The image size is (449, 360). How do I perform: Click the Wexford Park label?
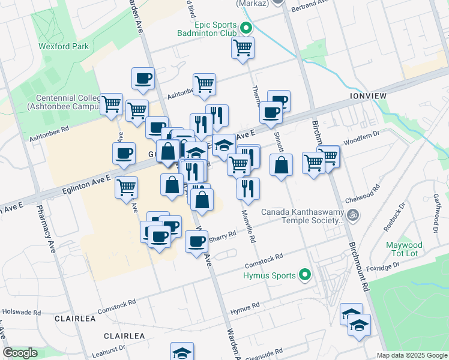coord(64,46)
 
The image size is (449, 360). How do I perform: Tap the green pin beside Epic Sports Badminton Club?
coord(246,28)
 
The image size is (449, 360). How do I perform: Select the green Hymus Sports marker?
coord(306,275)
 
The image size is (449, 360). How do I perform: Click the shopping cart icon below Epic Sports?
coord(243,47)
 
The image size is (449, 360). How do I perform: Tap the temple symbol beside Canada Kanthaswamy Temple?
coord(354,213)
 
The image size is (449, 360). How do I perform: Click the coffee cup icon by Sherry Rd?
coord(196,241)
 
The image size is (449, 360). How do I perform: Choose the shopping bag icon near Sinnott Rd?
coord(281,164)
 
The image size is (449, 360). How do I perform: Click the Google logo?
coord(20,353)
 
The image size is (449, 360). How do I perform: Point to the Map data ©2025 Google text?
coord(411,355)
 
